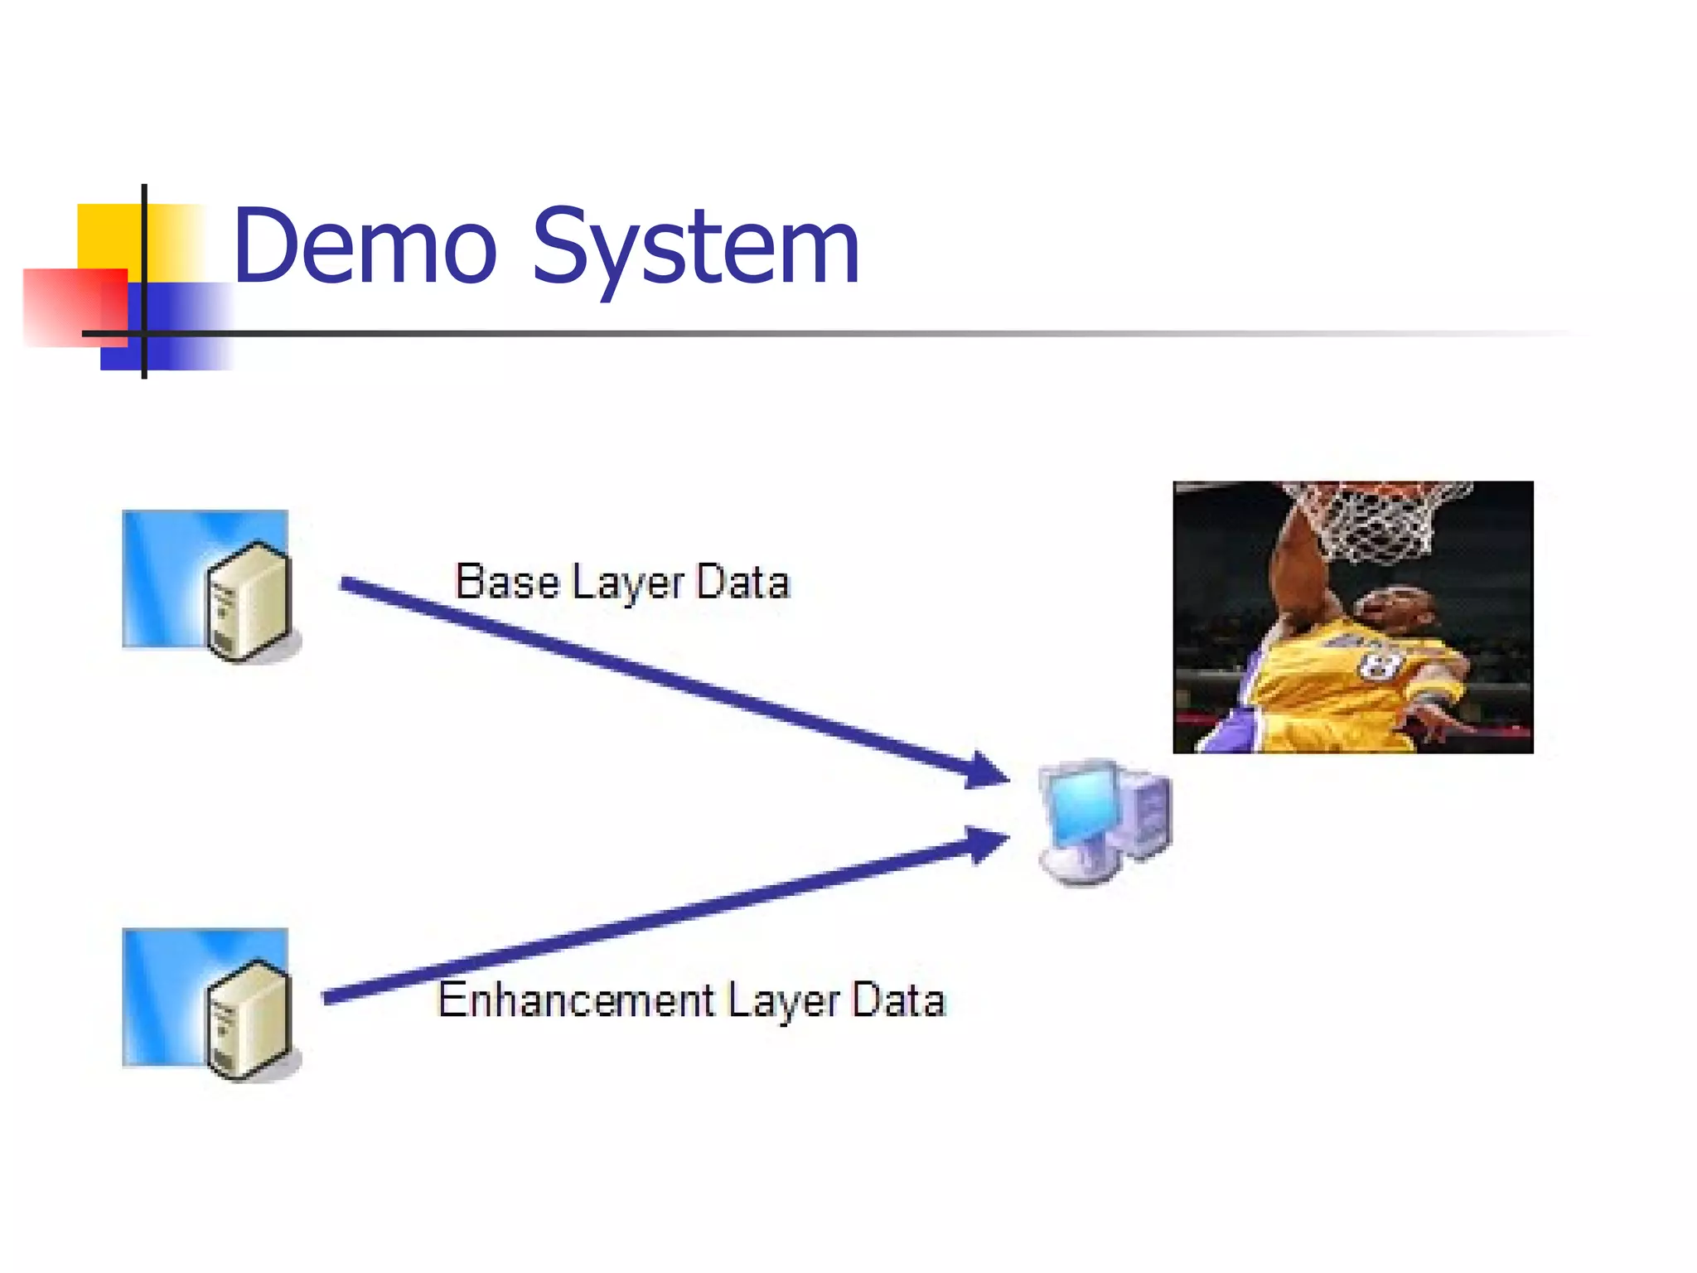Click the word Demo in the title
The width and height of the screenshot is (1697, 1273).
point(365,246)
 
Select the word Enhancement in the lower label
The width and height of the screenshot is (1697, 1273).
point(576,1000)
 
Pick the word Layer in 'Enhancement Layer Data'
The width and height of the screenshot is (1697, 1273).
point(784,1001)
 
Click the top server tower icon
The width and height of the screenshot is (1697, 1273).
point(249,602)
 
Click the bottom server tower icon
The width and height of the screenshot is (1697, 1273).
point(249,1019)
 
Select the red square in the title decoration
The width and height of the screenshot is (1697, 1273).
point(75,307)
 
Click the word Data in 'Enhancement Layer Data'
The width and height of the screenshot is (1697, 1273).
point(898,1000)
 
